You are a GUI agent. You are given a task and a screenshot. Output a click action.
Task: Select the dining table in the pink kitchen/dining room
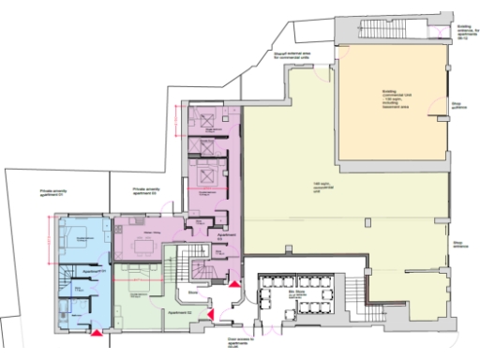[x=143, y=249]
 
